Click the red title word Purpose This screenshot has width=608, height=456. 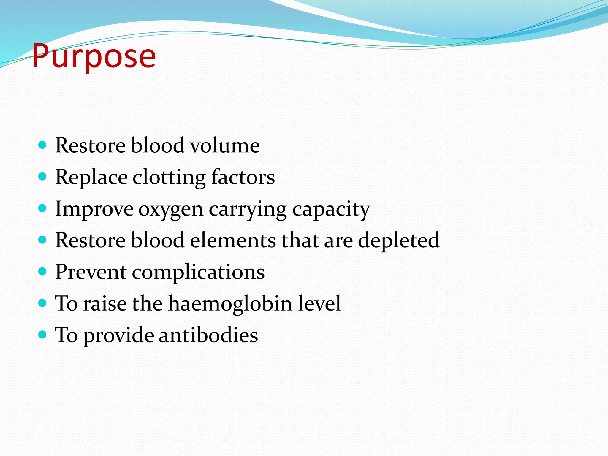(94, 56)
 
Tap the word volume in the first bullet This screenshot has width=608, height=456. (225, 145)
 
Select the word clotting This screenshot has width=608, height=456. (169, 177)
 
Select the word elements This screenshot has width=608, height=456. (233, 240)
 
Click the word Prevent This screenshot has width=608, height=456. (91, 272)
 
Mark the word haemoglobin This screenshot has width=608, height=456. (230, 304)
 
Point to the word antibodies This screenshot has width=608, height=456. (208, 335)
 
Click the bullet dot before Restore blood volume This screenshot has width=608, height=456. (43, 145)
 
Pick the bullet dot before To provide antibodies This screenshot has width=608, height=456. (43, 335)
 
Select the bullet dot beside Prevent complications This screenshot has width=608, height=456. (43, 272)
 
